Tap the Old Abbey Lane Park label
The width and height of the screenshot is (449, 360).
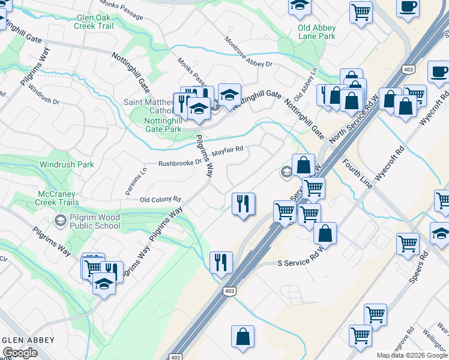click(x=316, y=32)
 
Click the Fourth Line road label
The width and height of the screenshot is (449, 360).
click(x=357, y=173)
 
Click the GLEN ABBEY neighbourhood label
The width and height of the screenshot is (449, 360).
click(x=28, y=340)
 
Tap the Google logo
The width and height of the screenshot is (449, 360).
click(x=20, y=353)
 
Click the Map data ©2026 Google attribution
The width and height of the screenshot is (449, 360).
click(x=412, y=355)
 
